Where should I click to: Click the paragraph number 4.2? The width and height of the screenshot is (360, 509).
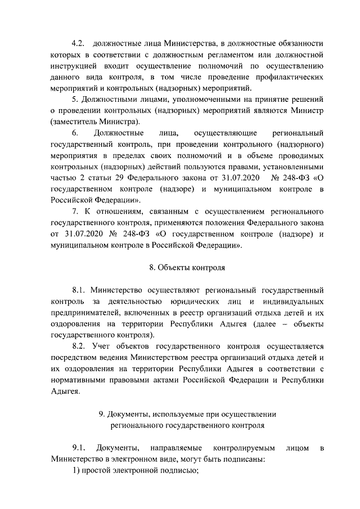[78, 43]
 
